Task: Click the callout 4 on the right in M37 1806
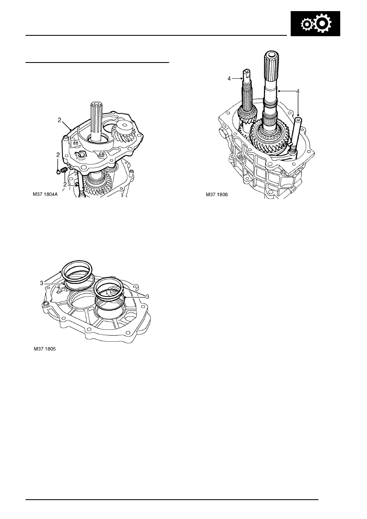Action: pyautogui.click(x=298, y=91)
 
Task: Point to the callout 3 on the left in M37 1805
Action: pyautogui.click(x=42, y=283)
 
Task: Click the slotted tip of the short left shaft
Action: pyautogui.click(x=246, y=72)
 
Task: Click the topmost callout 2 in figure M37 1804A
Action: pyautogui.click(x=59, y=120)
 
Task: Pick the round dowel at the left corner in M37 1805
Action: pyautogui.click(x=45, y=304)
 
